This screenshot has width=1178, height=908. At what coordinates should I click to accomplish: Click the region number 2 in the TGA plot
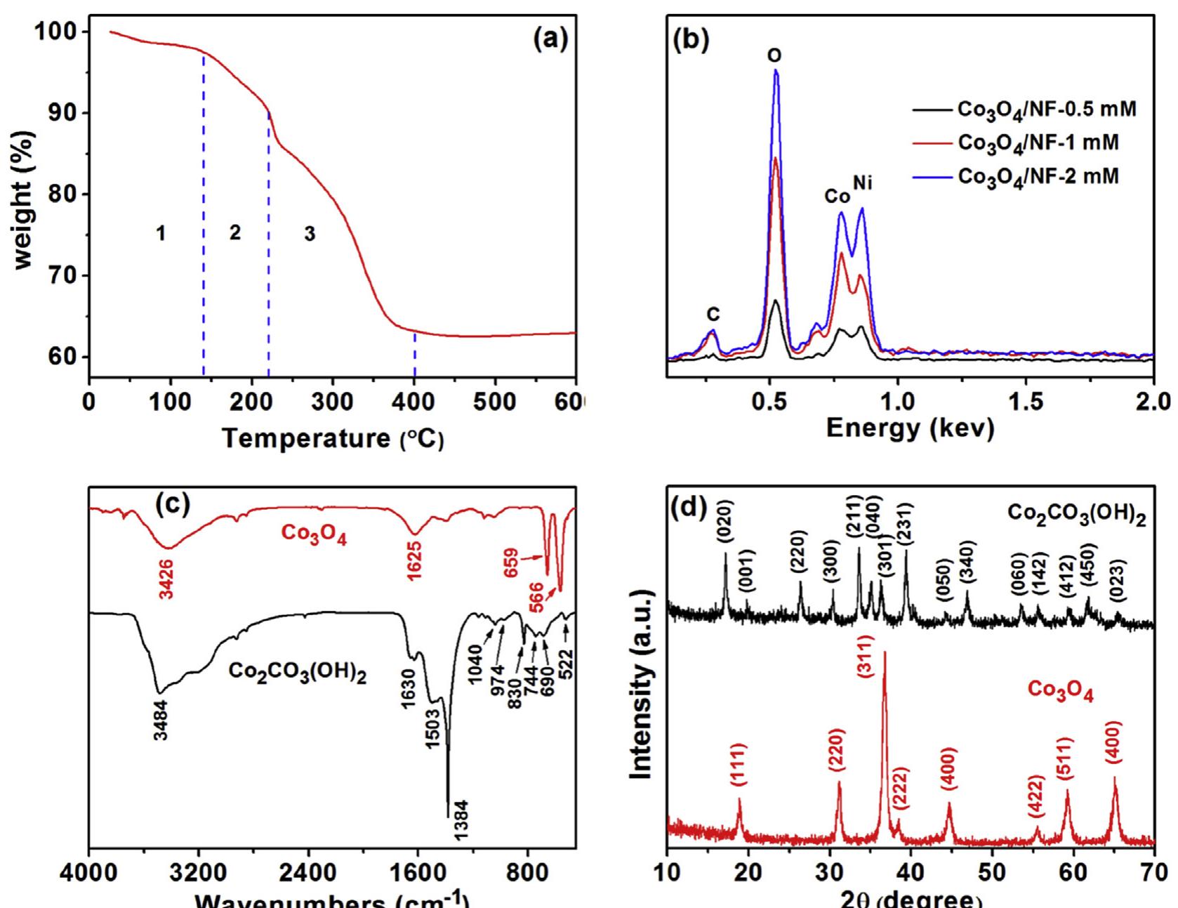tap(235, 232)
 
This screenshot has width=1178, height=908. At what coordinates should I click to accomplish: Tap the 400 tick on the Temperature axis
tap(415, 405)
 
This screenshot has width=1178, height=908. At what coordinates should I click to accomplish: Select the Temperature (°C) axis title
tap(333, 440)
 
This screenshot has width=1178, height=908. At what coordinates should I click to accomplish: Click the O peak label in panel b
tap(775, 55)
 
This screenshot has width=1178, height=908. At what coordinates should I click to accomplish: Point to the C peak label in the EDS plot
tap(713, 313)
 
